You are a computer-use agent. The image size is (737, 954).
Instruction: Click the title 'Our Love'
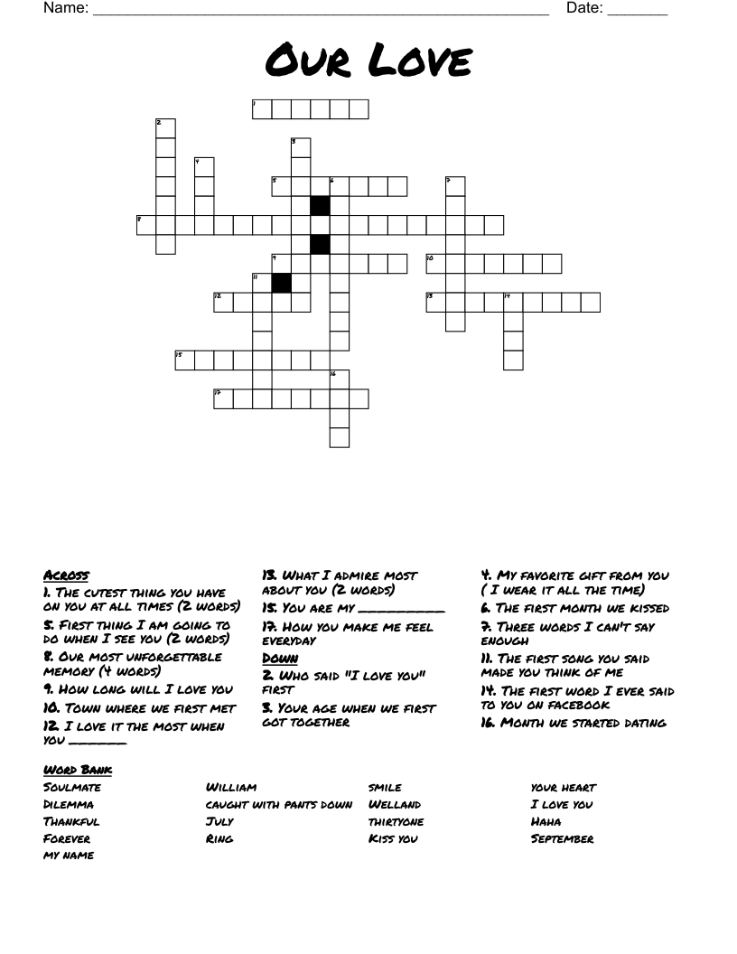(368, 62)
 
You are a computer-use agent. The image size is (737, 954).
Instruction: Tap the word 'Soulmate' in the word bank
(72, 788)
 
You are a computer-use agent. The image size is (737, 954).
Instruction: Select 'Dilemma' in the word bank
(69, 805)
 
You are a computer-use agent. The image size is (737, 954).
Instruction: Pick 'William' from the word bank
(231, 788)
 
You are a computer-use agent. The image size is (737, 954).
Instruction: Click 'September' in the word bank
(562, 839)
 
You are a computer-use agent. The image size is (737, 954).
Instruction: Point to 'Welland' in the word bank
(394, 805)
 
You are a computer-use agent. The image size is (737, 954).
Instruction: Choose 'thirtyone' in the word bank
(396, 822)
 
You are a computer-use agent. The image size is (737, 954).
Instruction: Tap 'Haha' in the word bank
(546, 822)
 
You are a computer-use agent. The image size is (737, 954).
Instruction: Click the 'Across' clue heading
(66, 575)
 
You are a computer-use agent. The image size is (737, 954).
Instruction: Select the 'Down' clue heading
(280, 659)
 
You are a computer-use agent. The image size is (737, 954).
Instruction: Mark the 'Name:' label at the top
(65, 9)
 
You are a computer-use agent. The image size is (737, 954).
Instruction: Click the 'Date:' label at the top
(584, 9)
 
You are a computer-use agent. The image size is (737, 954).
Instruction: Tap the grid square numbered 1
(262, 109)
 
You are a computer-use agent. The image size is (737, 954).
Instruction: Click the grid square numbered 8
(146, 225)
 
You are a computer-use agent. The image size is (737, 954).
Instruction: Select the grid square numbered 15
(185, 360)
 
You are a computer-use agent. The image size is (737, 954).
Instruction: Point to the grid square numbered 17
(223, 398)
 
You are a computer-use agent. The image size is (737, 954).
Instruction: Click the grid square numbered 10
(435, 264)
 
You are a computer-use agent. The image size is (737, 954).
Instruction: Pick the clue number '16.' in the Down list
(489, 723)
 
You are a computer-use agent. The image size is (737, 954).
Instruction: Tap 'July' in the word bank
(219, 822)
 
